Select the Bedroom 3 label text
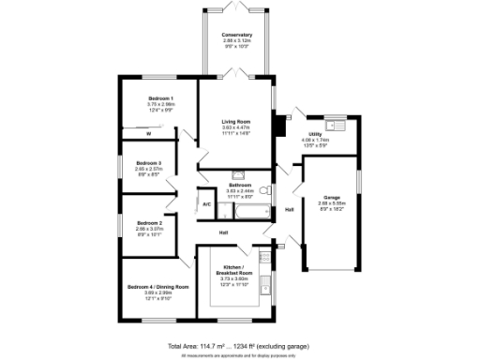(x=147, y=163)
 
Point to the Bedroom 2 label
(x=149, y=223)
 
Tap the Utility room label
(x=314, y=135)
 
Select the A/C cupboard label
(x=206, y=203)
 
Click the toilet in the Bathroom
(x=265, y=190)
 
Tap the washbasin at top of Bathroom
(x=238, y=173)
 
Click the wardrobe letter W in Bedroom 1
(x=148, y=134)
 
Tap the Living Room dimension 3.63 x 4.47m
(x=236, y=128)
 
